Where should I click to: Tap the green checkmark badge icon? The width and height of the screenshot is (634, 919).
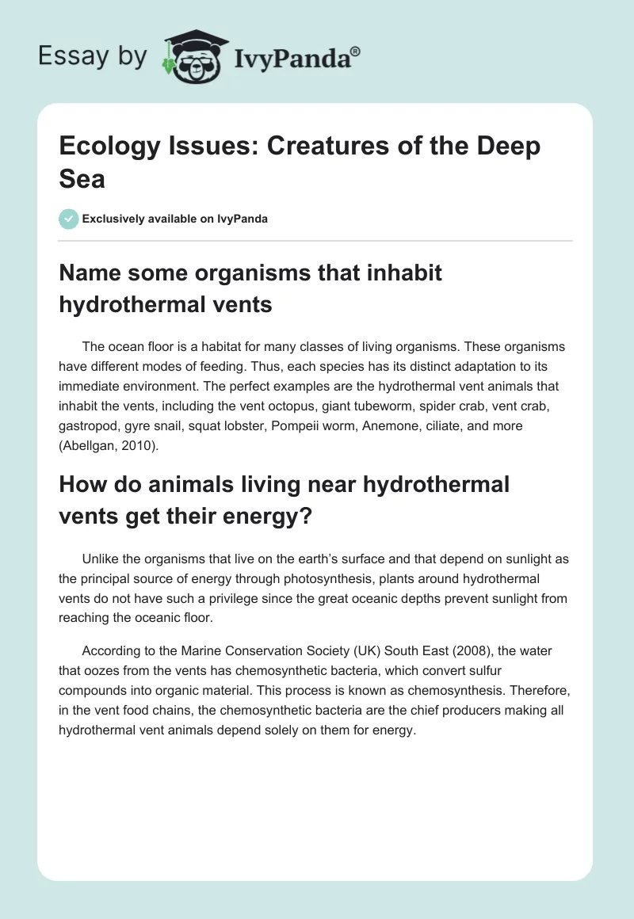point(69,219)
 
